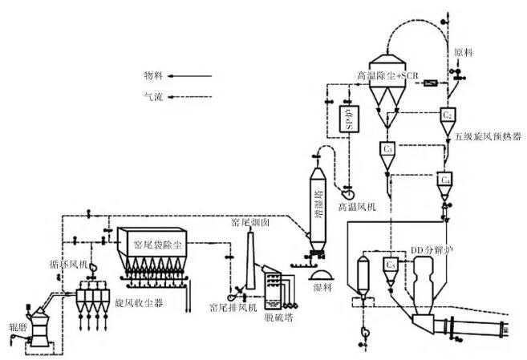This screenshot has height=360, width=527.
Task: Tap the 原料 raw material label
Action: (x=463, y=52)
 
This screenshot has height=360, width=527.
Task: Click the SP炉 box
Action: (x=348, y=119)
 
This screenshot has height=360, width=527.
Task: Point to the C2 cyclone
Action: (x=448, y=115)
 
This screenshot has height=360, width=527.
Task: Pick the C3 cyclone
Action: (x=388, y=149)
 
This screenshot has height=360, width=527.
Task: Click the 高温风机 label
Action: (x=356, y=206)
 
